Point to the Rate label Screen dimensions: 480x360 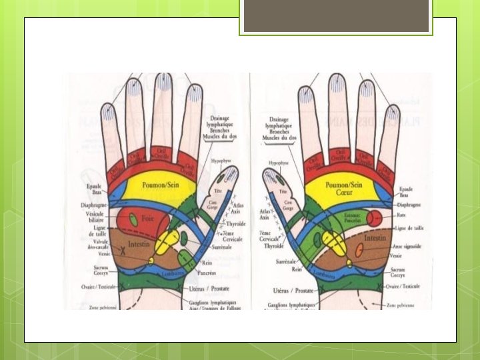click(x=400, y=216)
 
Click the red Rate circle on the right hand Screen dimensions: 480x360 click(x=374, y=217)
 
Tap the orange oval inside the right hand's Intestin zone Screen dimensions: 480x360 click(x=359, y=250)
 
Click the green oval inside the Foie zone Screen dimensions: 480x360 click(x=133, y=219)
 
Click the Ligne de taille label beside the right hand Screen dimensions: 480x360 click(x=409, y=229)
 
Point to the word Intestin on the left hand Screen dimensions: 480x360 click(x=139, y=245)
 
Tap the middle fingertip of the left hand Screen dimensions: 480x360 click(x=163, y=84)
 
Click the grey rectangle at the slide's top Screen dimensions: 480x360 click(x=336, y=15)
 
